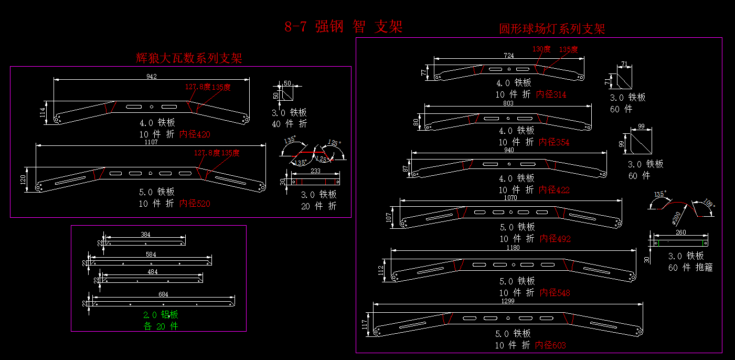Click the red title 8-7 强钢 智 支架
click(343, 27)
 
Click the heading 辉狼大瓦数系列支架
click(189, 58)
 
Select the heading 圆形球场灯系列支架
click(552, 29)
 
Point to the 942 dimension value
click(152, 76)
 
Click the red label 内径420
click(195, 134)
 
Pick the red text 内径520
click(195, 204)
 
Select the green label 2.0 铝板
click(161, 315)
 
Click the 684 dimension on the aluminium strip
click(163, 294)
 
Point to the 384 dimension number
click(146, 235)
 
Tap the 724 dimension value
click(508, 55)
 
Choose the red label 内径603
click(550, 345)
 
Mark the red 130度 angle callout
click(541, 49)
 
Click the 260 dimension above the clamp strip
click(680, 232)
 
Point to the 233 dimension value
click(315, 171)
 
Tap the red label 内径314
click(551, 94)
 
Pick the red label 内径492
click(555, 239)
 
